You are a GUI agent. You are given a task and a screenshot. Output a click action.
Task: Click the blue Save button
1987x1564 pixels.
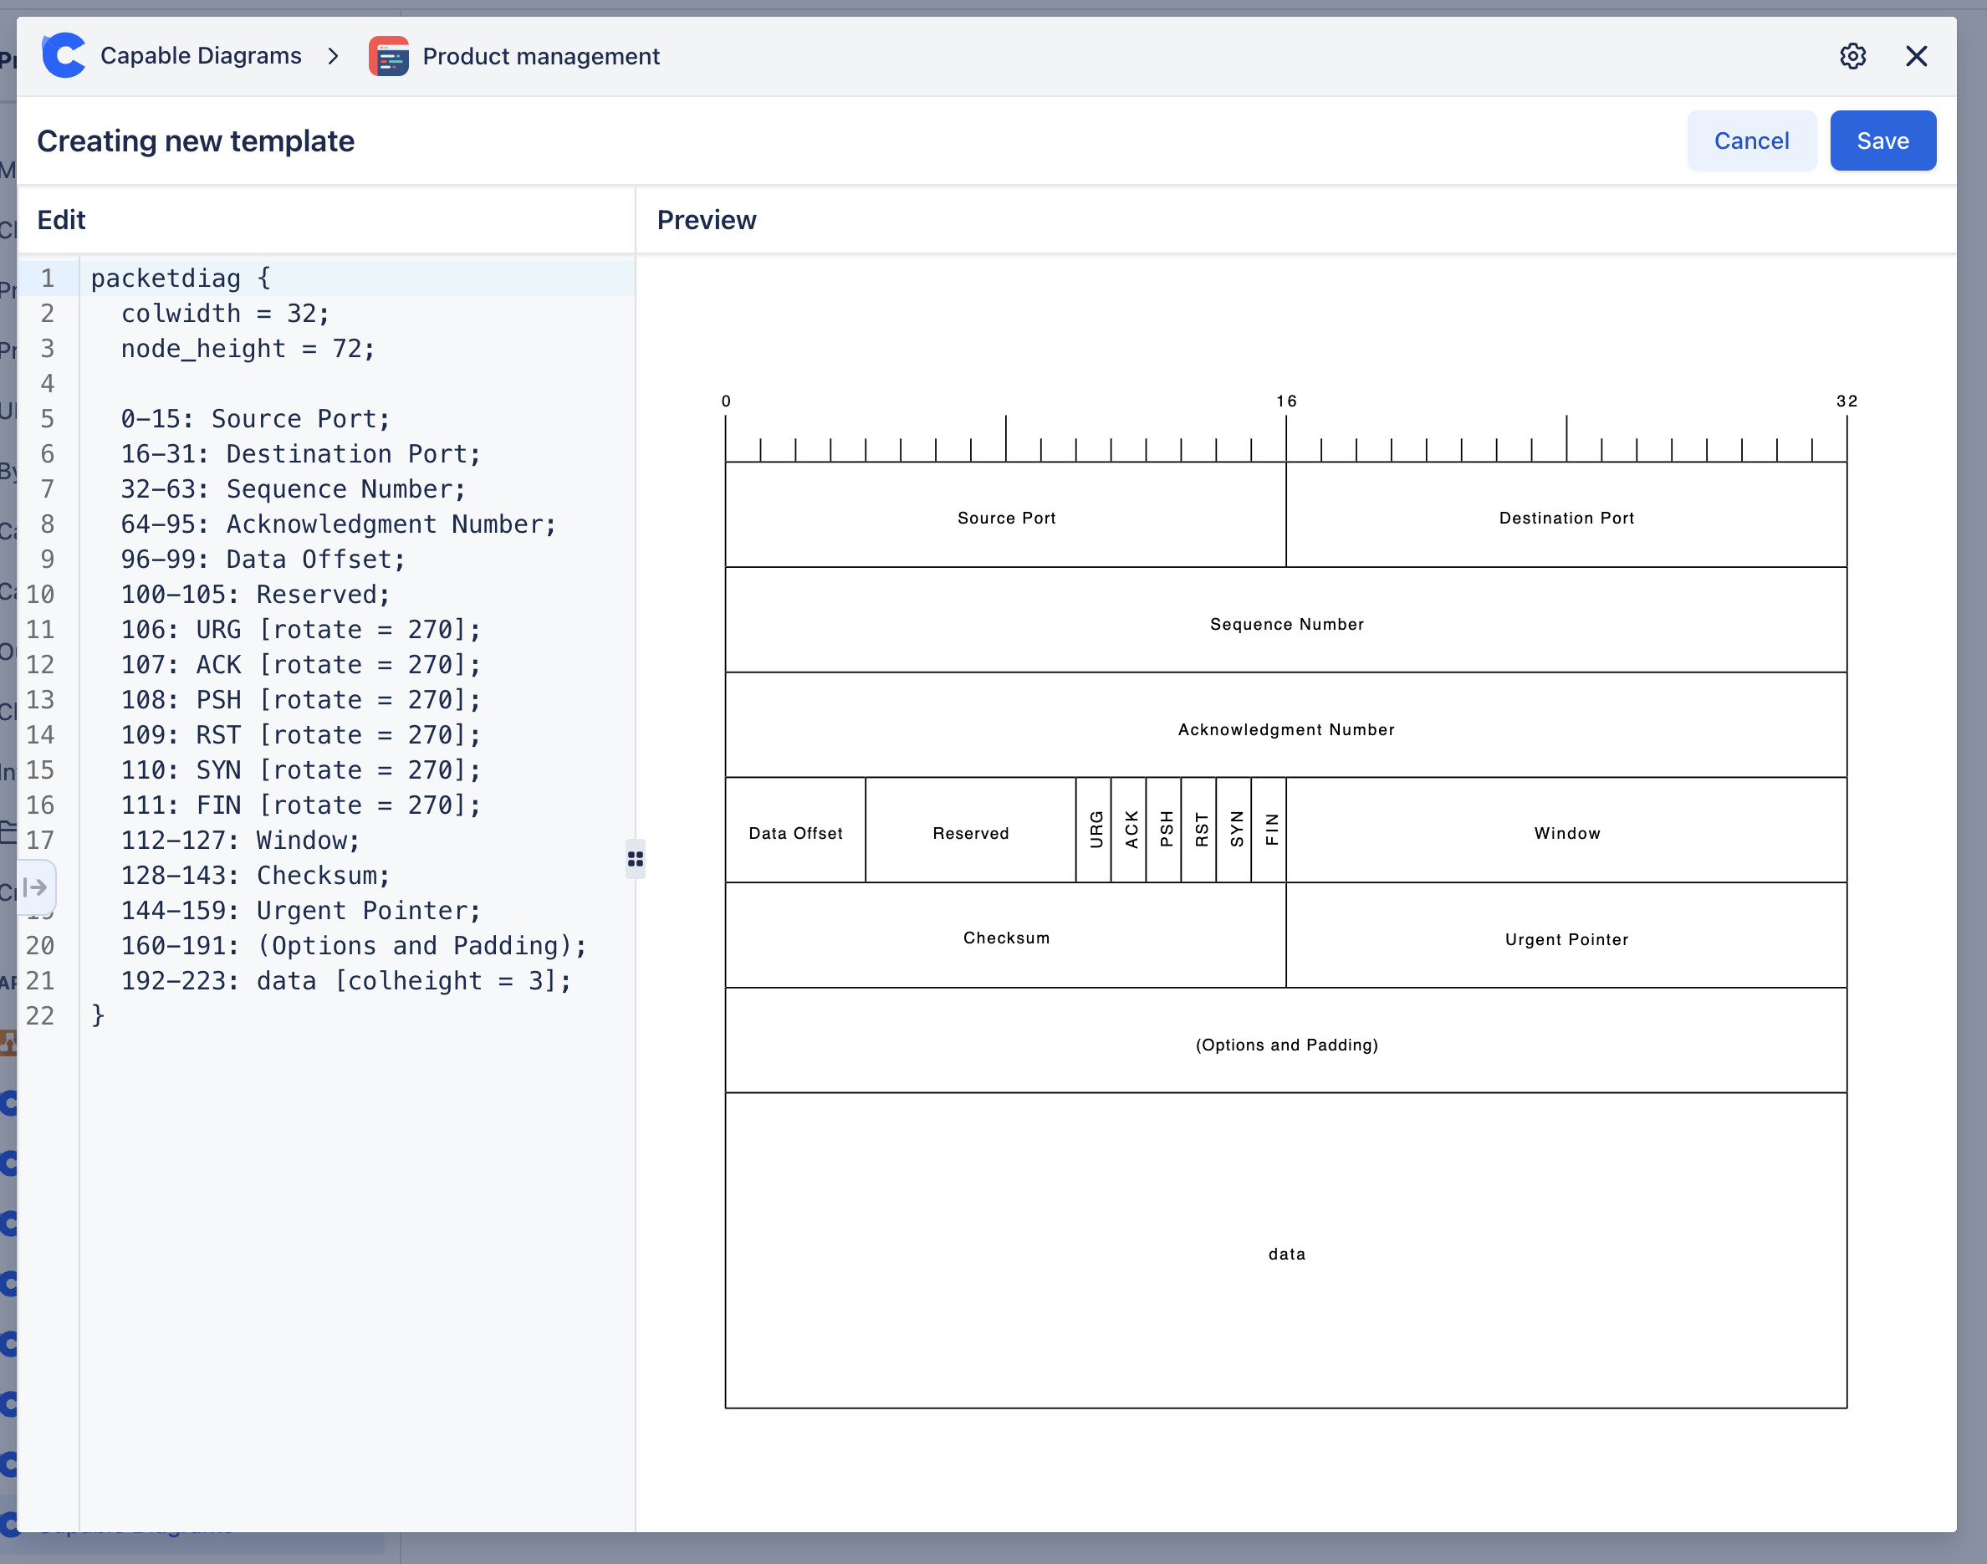point(1882,141)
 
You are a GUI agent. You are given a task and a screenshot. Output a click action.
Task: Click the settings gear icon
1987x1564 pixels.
point(1852,57)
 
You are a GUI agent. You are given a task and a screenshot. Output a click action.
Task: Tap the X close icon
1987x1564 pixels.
point(1916,57)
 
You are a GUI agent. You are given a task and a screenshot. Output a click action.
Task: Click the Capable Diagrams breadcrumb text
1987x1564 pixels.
point(201,57)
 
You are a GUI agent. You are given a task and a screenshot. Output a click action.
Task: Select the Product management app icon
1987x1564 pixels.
point(388,57)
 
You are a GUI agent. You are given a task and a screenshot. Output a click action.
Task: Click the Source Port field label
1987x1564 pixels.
point(1006,519)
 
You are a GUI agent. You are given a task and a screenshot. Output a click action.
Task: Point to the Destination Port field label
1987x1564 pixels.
point(1566,519)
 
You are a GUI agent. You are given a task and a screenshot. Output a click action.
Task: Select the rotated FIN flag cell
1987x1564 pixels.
point(1270,830)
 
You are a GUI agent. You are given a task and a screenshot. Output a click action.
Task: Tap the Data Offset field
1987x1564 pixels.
point(794,833)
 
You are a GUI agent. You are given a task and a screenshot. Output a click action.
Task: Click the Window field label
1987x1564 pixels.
point(1566,833)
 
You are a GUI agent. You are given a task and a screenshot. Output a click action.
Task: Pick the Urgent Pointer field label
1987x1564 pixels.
point(1566,939)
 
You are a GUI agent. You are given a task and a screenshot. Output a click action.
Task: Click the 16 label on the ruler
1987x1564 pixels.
point(1285,401)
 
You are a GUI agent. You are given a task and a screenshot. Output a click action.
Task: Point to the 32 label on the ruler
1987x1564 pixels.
point(1846,401)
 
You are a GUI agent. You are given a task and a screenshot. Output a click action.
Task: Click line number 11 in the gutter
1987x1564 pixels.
point(40,630)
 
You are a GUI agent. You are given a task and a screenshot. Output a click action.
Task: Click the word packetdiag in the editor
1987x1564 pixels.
point(166,279)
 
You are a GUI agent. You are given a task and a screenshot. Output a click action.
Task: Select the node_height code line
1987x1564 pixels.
point(248,349)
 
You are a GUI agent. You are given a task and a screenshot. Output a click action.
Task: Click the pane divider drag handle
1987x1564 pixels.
point(636,859)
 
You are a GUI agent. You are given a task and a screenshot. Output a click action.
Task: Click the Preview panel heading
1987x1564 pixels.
point(706,220)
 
